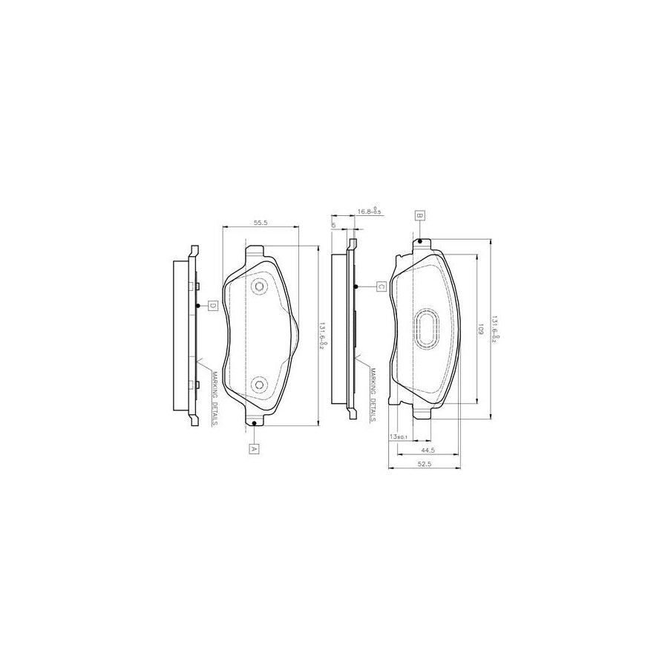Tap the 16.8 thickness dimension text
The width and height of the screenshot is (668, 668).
point(369,212)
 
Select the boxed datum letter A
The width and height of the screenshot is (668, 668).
point(253,448)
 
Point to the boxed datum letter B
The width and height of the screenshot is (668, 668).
point(419,216)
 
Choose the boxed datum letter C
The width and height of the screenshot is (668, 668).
point(380,286)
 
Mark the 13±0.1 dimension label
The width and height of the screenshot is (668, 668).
point(399,436)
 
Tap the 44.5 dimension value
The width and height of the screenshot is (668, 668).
point(427,451)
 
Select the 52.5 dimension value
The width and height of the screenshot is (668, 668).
point(425,465)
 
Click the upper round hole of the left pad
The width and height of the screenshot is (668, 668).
point(259,286)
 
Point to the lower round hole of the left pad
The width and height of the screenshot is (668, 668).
point(259,384)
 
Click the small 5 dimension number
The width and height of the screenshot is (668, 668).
point(335,224)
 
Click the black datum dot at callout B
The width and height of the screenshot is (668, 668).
point(420,241)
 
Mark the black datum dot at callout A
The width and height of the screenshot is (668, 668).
point(254,423)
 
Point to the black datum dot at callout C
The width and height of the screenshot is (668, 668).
point(356,286)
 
